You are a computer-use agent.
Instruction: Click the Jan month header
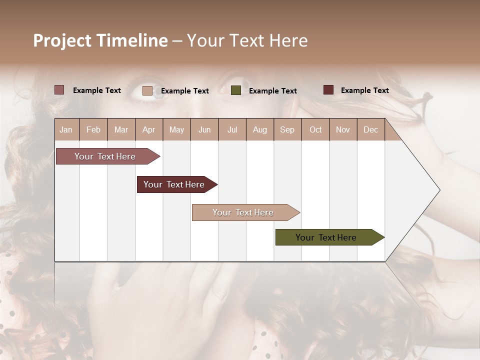coord(66,129)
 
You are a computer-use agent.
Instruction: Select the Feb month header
coord(93,129)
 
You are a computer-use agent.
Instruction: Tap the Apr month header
coord(148,129)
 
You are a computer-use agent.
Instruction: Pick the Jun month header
coord(204,129)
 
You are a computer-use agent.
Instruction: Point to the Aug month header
coord(259,129)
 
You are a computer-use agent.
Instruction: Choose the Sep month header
coord(287,129)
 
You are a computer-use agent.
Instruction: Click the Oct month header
coord(315,129)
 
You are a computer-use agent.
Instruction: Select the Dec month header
coord(370,129)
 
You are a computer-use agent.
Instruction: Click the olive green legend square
coord(236,90)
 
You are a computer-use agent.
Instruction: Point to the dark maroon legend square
coord(328,90)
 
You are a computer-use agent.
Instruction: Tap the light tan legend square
coord(147,90)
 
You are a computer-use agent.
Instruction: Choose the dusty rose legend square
coord(59,90)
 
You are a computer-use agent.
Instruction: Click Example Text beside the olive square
coord(272,90)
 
